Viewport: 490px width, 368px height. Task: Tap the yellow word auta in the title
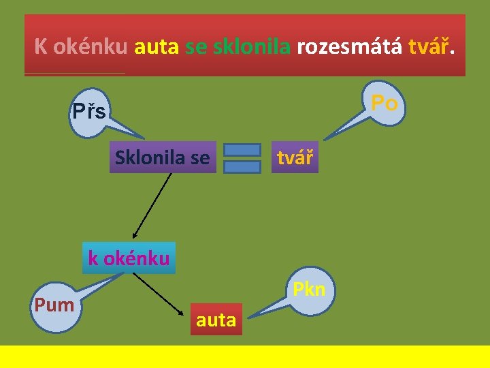coord(157,47)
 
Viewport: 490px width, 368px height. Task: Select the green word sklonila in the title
coord(252,47)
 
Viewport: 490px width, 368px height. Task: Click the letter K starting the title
coord(41,47)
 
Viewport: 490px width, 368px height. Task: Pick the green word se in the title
coord(196,47)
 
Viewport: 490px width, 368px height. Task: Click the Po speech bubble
coord(384,103)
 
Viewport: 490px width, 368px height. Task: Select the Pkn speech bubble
coord(308,290)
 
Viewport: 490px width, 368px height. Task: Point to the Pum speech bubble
coord(54,304)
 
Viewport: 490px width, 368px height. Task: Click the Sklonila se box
coord(163,157)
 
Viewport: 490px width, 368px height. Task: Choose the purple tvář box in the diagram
coord(295,157)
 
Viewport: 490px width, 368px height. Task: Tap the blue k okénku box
coord(129,258)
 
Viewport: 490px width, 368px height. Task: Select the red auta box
coord(216,320)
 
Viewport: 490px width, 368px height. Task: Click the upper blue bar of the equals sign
coord(242,149)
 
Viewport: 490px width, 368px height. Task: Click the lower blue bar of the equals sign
coord(242,166)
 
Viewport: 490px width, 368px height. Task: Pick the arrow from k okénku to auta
coord(161,294)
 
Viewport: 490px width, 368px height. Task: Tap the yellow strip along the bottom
coord(245,356)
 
